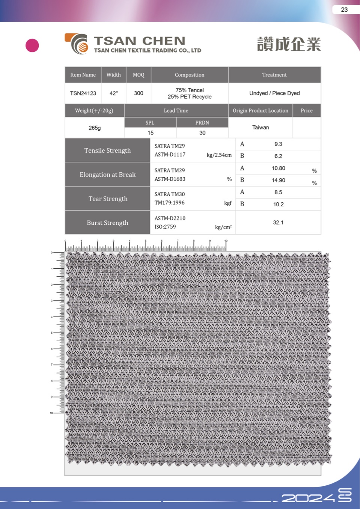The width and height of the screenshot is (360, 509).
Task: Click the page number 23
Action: [344, 10]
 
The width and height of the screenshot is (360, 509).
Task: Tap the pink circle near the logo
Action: [32, 45]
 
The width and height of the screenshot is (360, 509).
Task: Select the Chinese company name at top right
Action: [289, 44]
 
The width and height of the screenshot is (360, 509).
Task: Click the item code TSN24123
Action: [83, 93]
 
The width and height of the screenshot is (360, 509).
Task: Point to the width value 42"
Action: [113, 93]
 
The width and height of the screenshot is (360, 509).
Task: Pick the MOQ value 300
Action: [139, 93]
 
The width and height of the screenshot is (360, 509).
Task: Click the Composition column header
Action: [190, 75]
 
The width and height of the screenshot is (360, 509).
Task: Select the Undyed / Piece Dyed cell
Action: [274, 93]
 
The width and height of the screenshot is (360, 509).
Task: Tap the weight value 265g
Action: [95, 128]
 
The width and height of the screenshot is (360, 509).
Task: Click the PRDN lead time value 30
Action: [202, 133]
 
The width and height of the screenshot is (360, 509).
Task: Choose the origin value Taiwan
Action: [261, 128]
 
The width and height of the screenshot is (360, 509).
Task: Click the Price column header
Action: [306, 110]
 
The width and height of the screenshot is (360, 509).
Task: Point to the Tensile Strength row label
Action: [107, 151]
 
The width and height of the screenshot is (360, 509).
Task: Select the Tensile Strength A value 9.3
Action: [278, 144]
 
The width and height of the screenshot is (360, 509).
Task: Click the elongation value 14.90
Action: [279, 180]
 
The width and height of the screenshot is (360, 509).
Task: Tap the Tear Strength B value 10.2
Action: [279, 204]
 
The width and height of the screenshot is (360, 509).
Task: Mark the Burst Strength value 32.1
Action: [278, 222]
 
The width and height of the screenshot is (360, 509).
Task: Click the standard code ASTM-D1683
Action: [170, 179]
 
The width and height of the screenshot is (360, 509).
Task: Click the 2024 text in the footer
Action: [308, 498]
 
